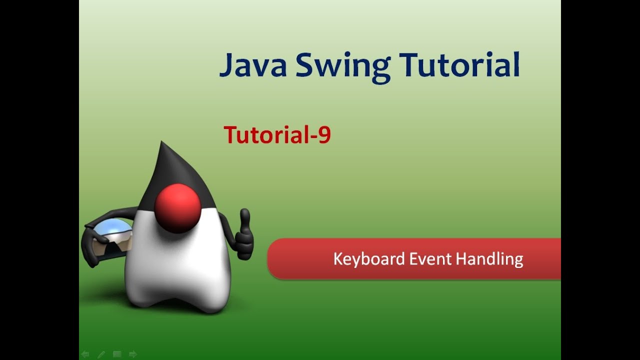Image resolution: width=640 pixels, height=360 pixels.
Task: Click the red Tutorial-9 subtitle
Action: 277,135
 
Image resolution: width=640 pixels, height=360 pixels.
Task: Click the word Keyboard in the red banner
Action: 368,259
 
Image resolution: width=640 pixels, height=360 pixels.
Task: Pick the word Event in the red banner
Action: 430,259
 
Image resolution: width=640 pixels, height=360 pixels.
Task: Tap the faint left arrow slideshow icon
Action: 85,354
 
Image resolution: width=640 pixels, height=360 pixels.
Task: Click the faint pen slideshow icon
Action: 101,354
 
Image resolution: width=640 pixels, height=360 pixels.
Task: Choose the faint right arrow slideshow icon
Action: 133,354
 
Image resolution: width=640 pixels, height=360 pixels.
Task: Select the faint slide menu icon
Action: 117,354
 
